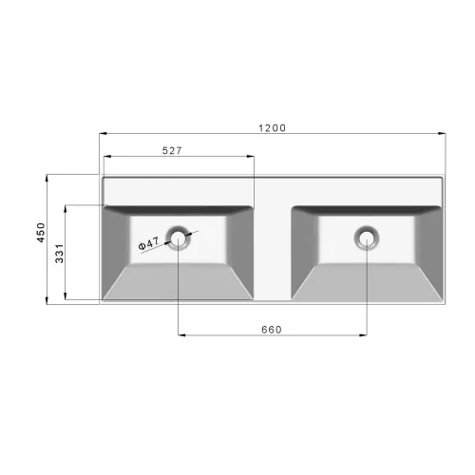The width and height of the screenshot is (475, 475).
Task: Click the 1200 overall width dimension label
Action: point(273,128)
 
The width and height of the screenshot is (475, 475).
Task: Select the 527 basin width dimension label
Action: point(172,151)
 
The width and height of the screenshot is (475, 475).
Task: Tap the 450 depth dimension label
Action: point(41,233)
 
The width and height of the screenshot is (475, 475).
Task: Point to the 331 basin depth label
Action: point(60,254)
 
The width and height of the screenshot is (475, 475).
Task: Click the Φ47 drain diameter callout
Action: point(149,243)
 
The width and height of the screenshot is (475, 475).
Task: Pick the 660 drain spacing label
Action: point(272,330)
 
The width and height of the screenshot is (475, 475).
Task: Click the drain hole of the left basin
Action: point(178,237)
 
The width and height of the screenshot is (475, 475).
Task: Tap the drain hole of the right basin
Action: point(367,237)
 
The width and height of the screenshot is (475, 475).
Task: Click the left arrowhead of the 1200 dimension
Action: point(104,134)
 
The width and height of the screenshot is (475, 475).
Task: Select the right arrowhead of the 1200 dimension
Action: point(442,134)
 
